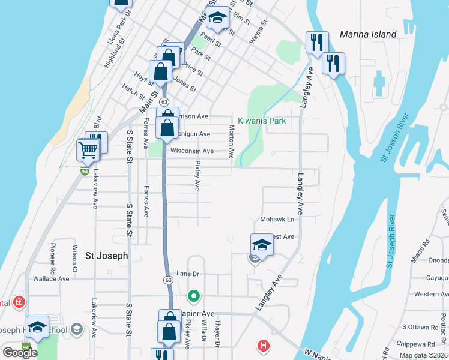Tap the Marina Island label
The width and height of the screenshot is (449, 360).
[368, 34]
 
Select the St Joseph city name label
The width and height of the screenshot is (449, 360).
[107, 256]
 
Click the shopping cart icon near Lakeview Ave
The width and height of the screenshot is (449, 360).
[88, 151]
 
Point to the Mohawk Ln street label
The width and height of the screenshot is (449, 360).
[277, 220]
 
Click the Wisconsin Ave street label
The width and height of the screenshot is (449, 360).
[191, 151]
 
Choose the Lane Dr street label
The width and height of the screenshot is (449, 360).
[187, 274]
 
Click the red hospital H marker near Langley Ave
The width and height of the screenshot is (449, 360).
[263, 346]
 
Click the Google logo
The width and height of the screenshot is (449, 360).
[20, 353]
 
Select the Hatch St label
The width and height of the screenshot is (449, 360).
[133, 92]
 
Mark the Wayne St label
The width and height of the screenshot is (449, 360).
[257, 37]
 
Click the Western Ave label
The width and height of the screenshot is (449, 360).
[431, 294]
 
